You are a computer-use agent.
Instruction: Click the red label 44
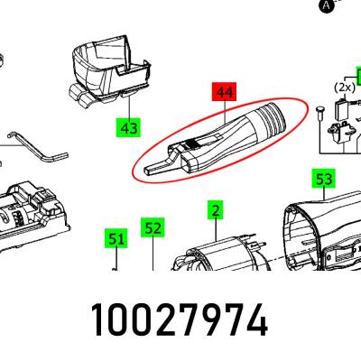(225, 92)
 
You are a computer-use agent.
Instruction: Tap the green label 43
(129, 127)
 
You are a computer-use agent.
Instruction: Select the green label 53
(324, 179)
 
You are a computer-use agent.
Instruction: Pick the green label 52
(153, 227)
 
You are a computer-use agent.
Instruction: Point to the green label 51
(116, 238)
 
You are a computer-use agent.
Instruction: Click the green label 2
(216, 210)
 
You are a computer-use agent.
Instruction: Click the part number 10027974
(180, 319)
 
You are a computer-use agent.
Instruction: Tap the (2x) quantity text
(345, 88)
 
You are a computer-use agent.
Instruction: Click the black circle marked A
(326, 5)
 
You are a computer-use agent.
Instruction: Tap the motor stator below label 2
(218, 255)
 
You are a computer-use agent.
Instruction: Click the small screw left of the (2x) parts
(319, 114)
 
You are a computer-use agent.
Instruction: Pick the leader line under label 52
(153, 254)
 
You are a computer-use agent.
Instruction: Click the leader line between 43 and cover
(129, 106)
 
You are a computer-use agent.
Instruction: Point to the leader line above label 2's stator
(216, 230)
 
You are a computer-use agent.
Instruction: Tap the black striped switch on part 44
(192, 143)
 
